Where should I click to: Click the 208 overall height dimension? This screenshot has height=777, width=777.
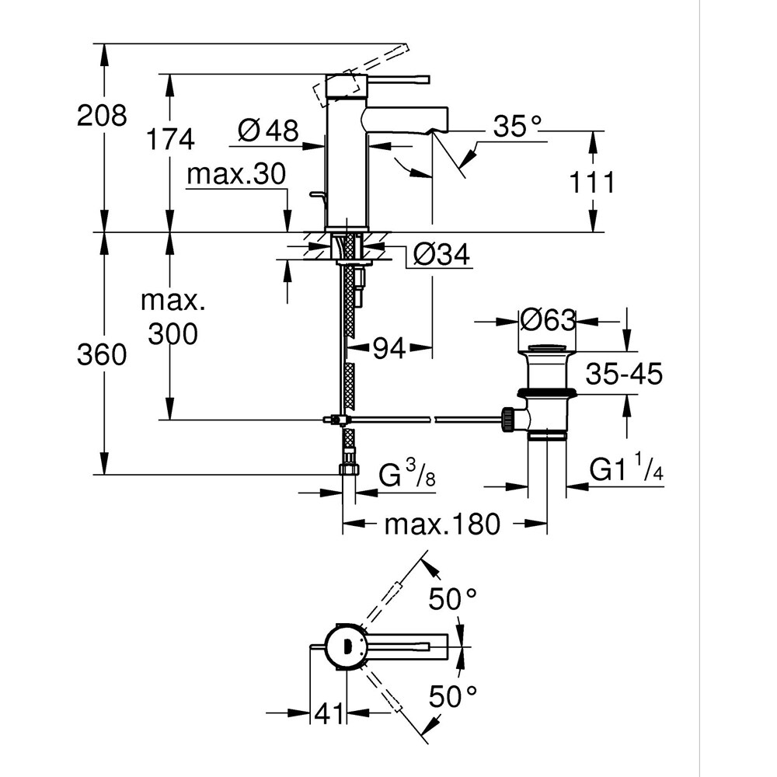(x=102, y=116)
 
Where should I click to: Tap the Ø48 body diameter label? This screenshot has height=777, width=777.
(x=268, y=131)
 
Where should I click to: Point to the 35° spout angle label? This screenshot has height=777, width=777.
(x=514, y=127)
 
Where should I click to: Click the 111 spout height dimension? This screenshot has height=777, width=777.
(x=592, y=183)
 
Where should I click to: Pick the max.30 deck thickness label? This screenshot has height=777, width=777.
(x=236, y=175)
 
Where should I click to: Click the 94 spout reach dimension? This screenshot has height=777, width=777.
(x=388, y=350)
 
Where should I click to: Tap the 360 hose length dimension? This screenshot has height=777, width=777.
(x=102, y=355)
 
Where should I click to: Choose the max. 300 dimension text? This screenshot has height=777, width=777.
(x=169, y=318)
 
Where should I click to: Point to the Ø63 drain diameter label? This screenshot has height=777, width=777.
(x=548, y=320)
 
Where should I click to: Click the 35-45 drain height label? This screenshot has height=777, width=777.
(x=625, y=374)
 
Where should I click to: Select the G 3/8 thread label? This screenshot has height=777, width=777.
(x=406, y=475)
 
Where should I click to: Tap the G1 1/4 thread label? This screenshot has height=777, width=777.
(x=626, y=471)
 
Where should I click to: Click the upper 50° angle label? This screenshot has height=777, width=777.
(x=454, y=598)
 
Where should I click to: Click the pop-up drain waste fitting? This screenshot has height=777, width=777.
(x=547, y=392)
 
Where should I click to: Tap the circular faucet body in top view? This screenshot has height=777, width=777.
(x=345, y=646)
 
